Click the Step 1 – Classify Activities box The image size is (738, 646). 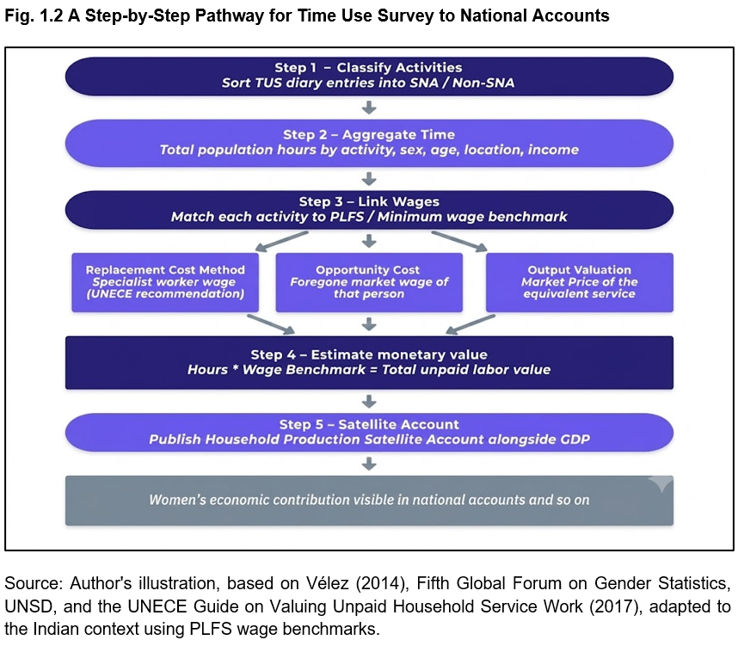(x=369, y=77)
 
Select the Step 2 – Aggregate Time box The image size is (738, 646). (x=369, y=143)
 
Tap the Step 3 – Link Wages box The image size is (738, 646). (x=369, y=210)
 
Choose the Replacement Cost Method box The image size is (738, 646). (x=165, y=282)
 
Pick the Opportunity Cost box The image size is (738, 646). (x=369, y=282)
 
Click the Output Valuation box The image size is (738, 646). (x=580, y=282)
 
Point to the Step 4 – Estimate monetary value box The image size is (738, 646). (x=369, y=362)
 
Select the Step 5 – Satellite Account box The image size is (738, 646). (x=369, y=432)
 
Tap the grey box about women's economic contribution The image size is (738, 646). (x=369, y=501)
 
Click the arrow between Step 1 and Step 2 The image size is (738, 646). (x=369, y=108)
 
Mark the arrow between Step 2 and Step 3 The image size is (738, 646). (x=369, y=178)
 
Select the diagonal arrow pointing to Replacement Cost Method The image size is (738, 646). (x=281, y=241)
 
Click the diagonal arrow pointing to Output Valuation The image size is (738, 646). (x=459, y=241)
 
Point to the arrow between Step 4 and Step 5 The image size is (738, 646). (x=369, y=401)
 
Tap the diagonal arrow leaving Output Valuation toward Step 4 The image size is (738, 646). (x=470, y=324)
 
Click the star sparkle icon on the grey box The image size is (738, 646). (x=661, y=483)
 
